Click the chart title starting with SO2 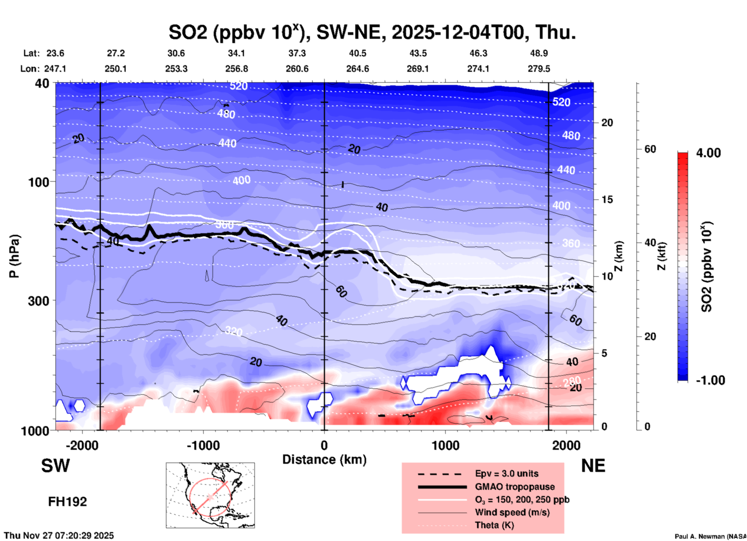tap(372, 32)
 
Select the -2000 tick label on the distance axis tap(82, 445)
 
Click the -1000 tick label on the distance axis tap(203, 445)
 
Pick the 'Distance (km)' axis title tap(324, 460)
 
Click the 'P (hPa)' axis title tap(14, 256)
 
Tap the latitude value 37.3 tap(297, 53)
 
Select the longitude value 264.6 tap(358, 69)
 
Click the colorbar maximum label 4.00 tap(708, 153)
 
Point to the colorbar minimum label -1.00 tap(710, 380)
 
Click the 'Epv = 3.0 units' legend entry tap(507, 473)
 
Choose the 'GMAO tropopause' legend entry tap(515, 487)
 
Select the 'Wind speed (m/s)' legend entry tap(512, 512)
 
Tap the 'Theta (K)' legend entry tap(495, 525)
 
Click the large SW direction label tap(55, 466)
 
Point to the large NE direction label tap(593, 466)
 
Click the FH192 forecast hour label tap(67, 502)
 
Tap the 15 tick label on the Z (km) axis tap(607, 199)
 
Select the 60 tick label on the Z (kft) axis tap(650, 149)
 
